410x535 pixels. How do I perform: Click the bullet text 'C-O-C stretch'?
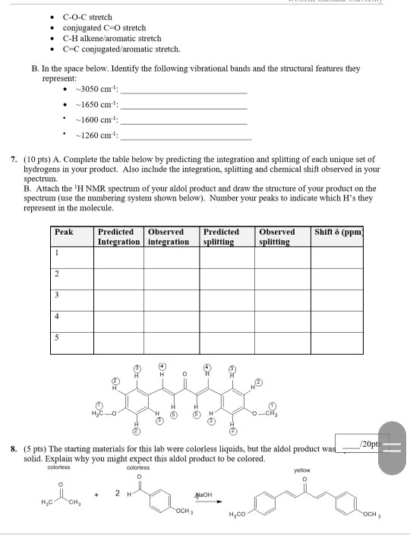tap(87, 17)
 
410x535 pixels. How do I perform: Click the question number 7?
tap(14, 161)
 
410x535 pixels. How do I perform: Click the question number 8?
tap(14, 450)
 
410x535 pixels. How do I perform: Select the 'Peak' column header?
tap(65, 232)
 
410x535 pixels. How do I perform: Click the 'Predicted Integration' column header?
tap(118, 236)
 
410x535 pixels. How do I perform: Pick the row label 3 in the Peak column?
tap(56, 295)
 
